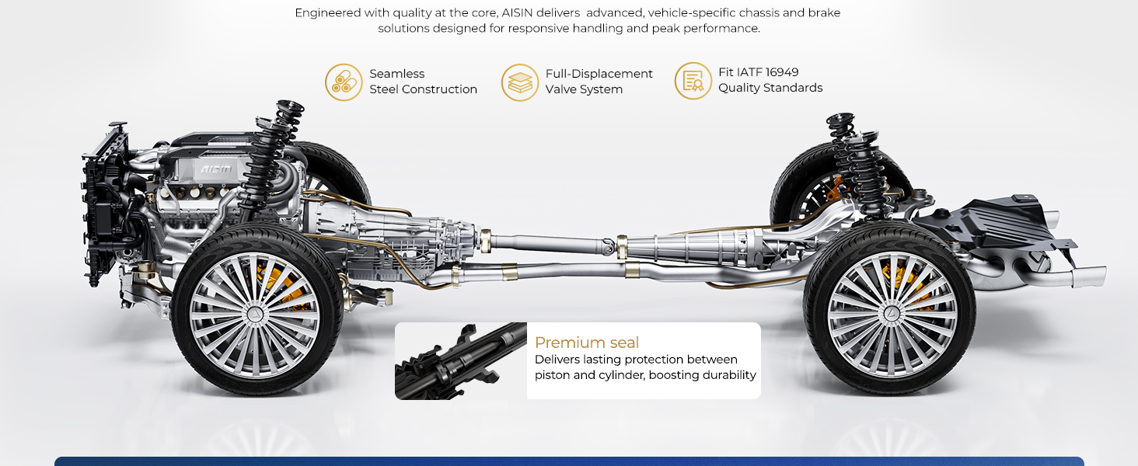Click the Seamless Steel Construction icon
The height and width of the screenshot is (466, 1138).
[344, 82]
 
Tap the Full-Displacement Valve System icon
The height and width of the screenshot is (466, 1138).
[520, 82]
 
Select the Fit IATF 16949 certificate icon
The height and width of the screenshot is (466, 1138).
[693, 81]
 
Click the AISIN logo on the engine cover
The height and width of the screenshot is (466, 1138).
[216, 169]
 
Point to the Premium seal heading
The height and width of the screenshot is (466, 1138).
[587, 343]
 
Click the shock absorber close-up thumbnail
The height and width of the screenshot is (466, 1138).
[461, 361]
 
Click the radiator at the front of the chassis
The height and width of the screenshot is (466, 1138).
[104, 203]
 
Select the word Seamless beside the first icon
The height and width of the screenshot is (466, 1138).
[396, 74]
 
